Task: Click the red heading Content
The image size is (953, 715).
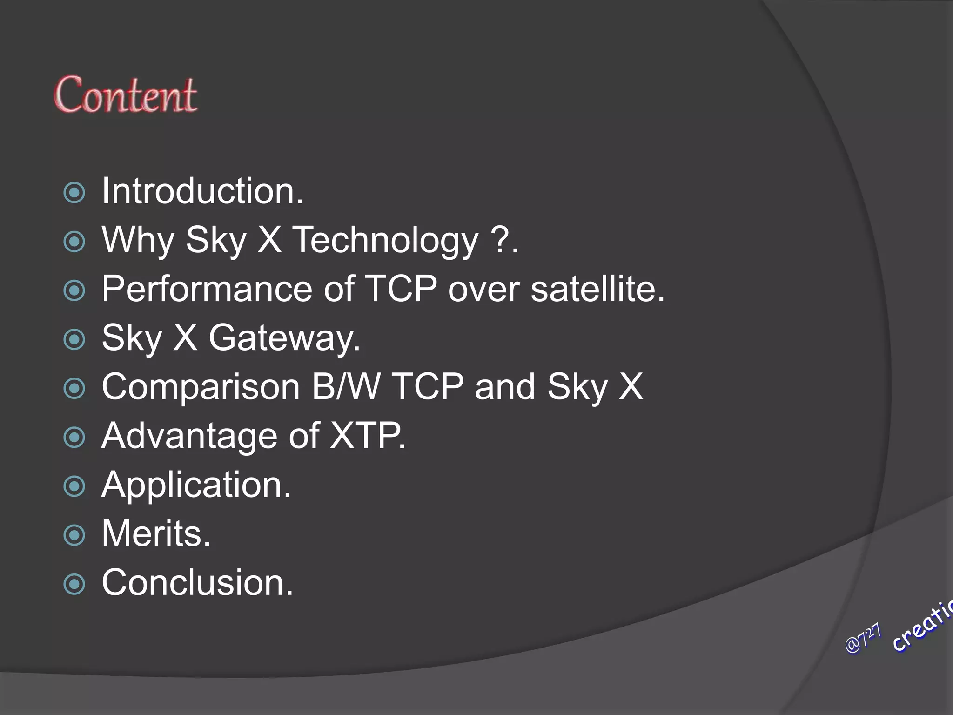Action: click(x=126, y=95)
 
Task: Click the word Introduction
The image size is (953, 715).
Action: click(x=202, y=191)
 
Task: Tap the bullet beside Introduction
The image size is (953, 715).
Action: click(x=74, y=193)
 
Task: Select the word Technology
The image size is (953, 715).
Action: click(x=386, y=241)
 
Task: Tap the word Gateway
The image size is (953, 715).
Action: click(x=284, y=338)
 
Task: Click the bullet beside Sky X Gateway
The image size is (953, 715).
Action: click(x=74, y=340)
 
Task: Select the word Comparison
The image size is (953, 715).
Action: click(x=201, y=387)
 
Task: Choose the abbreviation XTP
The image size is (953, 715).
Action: click(x=367, y=436)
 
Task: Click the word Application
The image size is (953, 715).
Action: click(x=196, y=485)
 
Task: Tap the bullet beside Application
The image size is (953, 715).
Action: click(x=74, y=486)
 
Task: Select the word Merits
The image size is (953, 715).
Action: click(x=156, y=533)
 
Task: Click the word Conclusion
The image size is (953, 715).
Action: click(x=197, y=582)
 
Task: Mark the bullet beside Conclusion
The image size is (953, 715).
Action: click(x=74, y=584)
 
